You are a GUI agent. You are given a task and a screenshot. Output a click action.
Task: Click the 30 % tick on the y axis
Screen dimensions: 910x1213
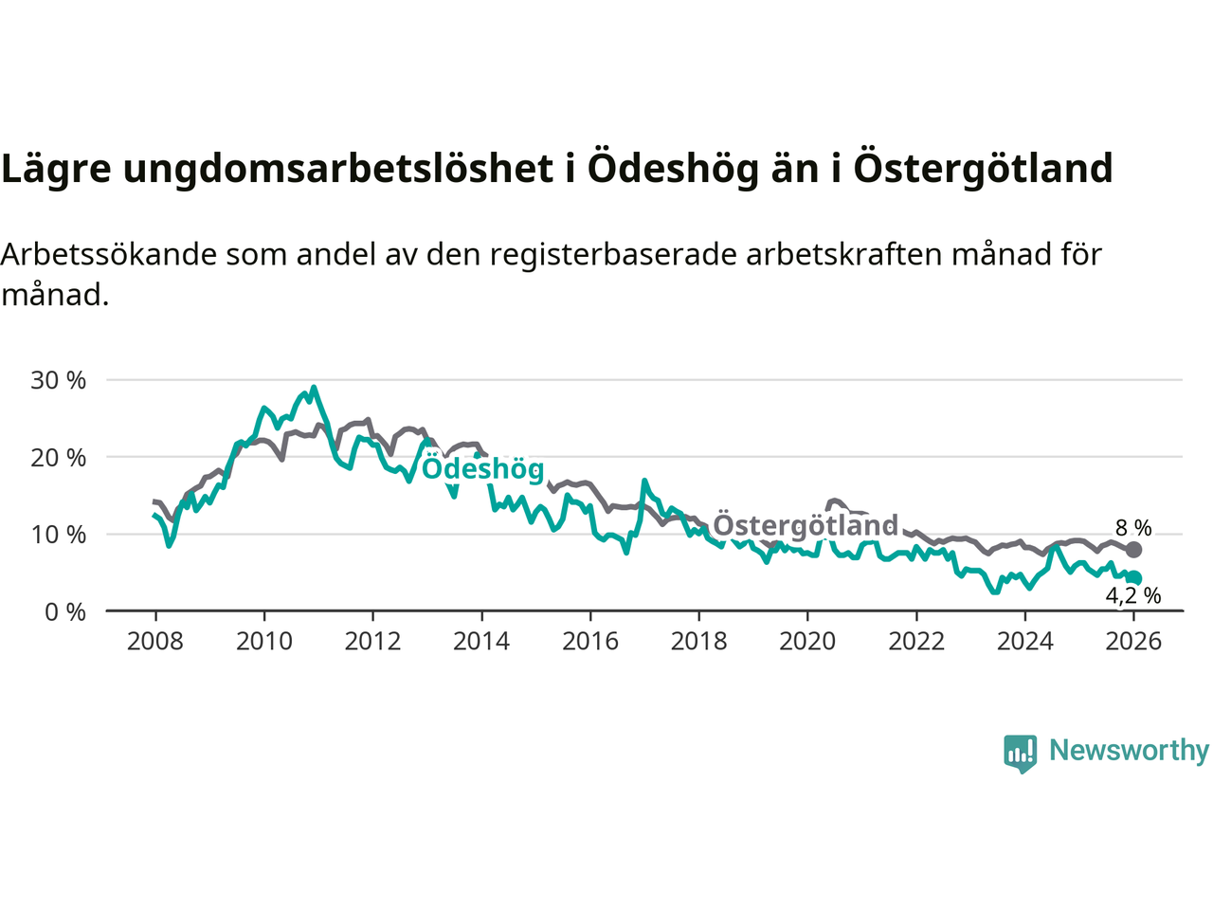click(59, 380)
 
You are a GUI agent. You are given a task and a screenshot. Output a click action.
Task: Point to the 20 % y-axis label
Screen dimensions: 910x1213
click(59, 458)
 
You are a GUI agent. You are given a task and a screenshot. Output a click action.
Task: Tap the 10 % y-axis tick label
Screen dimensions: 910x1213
click(59, 535)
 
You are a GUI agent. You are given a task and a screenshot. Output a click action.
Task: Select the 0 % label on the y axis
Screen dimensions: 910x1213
click(65, 612)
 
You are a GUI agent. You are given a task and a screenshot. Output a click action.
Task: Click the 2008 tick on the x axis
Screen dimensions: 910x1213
click(155, 642)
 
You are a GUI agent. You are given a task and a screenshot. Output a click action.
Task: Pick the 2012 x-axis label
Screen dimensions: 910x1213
click(372, 642)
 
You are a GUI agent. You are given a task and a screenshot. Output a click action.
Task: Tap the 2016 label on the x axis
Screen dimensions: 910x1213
click(590, 642)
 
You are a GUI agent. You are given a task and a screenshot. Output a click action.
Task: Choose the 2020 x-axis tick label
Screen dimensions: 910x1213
click(807, 642)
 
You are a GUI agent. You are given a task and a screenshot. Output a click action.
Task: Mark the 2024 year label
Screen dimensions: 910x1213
click(1024, 642)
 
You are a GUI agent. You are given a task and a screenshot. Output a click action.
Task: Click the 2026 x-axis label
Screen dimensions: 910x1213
click(1133, 642)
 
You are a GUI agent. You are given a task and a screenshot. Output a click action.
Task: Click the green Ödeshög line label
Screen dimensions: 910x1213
click(482, 468)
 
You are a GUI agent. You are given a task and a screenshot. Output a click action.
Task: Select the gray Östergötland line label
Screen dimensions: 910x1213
click(805, 525)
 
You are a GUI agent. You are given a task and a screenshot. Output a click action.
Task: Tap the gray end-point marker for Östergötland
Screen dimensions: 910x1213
click(1133, 550)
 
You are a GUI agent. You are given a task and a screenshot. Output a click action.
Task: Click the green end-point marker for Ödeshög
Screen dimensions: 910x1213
click(1134, 578)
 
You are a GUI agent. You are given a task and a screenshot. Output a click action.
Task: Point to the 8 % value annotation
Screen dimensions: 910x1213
click(1133, 528)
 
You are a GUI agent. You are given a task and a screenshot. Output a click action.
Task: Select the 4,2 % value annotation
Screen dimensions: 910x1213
click(1133, 596)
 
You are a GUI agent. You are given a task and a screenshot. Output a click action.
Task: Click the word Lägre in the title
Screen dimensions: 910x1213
click(56, 169)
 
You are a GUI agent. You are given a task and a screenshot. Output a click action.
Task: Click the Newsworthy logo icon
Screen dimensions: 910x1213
click(1021, 753)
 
